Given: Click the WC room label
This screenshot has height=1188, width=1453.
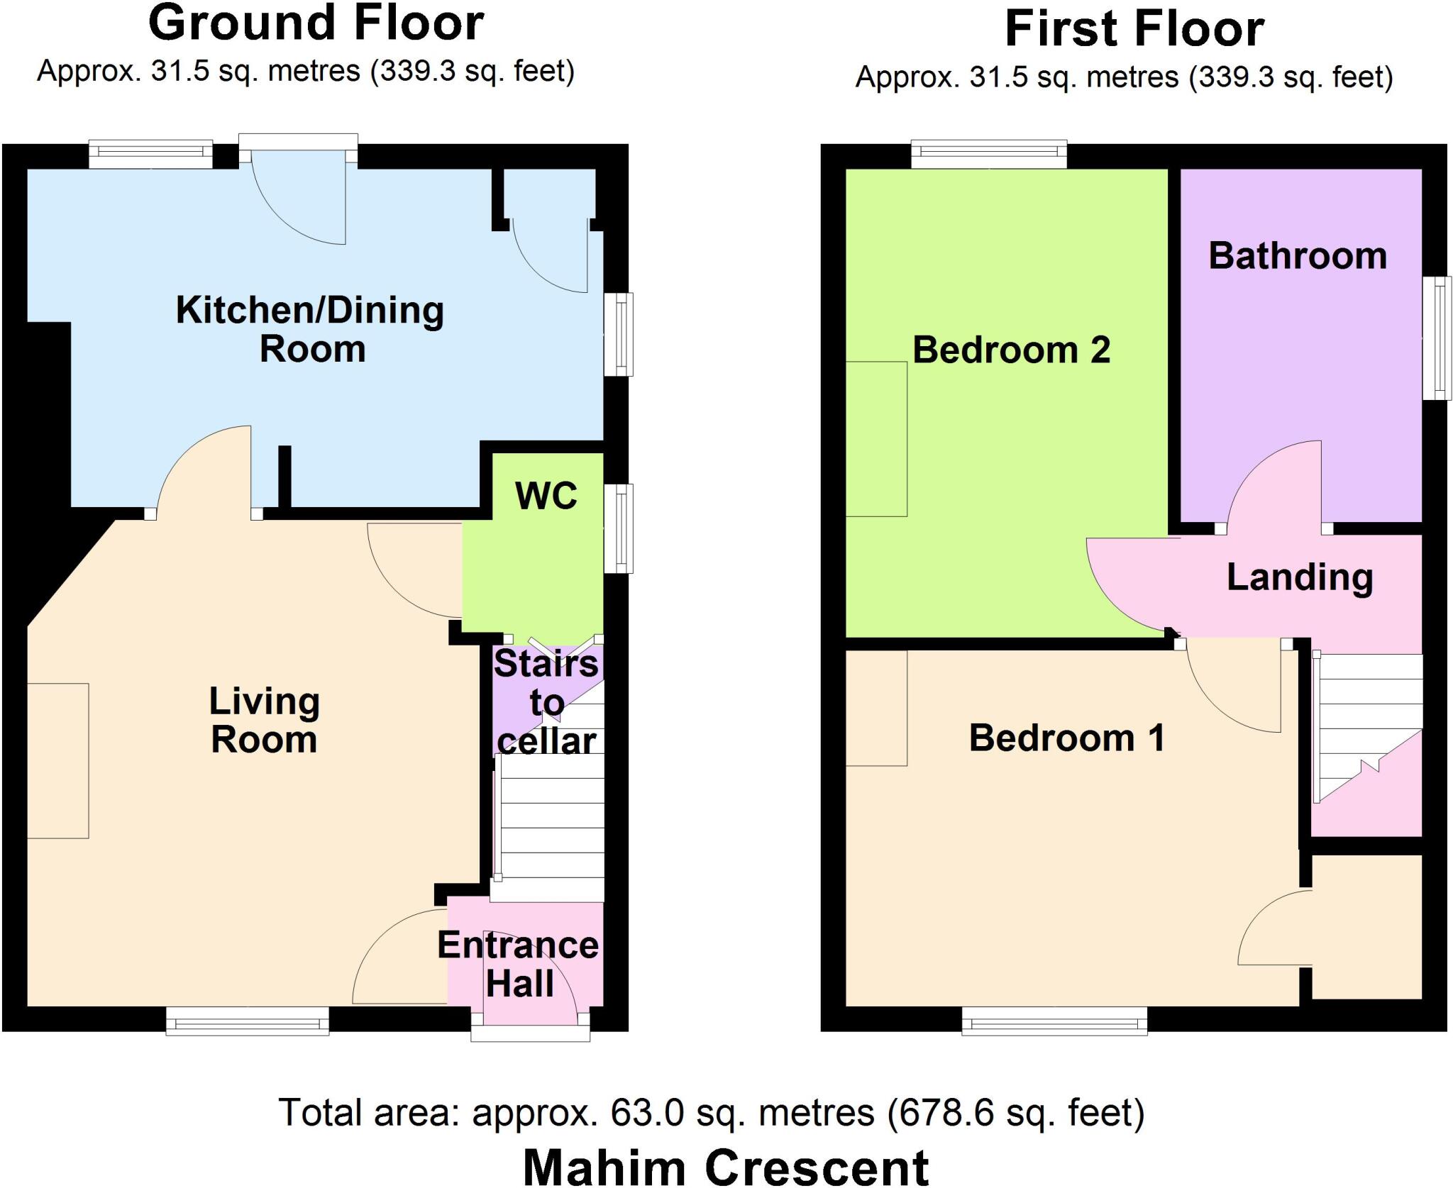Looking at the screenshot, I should tap(546, 496).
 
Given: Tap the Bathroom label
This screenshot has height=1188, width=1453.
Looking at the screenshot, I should tap(1298, 256).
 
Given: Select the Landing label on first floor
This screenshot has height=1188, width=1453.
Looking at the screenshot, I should tap(1300, 577).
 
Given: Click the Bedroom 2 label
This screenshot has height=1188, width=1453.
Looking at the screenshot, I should tap(1011, 350).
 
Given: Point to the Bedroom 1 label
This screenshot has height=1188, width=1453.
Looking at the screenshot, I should tap(1066, 738).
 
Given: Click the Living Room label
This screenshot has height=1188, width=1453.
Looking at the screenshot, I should tap(264, 721).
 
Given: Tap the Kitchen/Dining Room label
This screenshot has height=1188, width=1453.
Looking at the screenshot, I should tap(310, 330).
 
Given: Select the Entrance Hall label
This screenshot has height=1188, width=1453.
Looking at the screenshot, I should tap(519, 965).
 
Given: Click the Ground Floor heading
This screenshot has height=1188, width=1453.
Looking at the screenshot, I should tap(316, 23).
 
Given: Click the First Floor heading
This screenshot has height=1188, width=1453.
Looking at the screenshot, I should tap(1134, 30).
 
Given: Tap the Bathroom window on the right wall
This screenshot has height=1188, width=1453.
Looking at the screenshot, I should tap(1437, 338).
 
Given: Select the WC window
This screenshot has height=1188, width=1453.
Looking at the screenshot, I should tap(619, 528).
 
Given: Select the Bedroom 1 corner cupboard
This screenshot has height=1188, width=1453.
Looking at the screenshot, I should tap(1366, 926).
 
